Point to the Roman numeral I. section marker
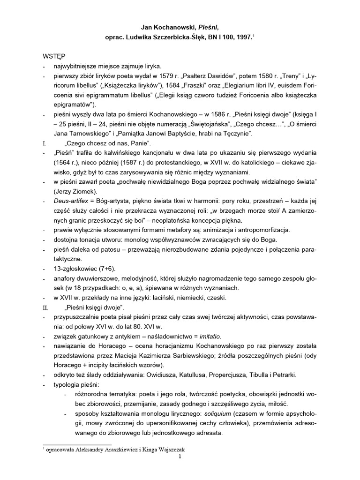click(45, 144)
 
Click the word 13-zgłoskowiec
click(75, 269)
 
